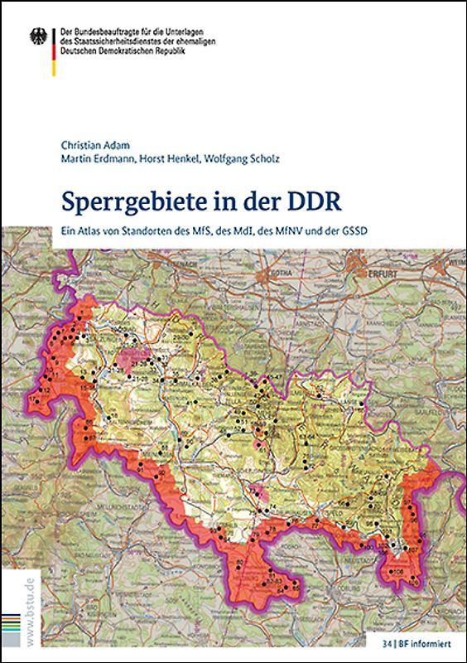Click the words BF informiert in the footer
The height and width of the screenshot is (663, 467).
426,642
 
